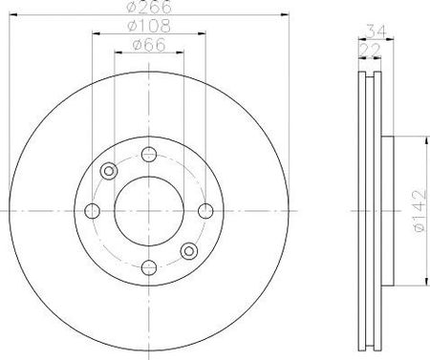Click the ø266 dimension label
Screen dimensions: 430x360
[x=149, y=7]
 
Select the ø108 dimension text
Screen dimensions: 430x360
[x=149, y=26]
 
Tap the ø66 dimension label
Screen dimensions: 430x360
[x=149, y=45]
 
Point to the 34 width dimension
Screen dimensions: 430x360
[x=376, y=32]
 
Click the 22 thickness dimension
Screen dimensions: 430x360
[x=370, y=50]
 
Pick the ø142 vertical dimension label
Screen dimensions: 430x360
[x=419, y=211]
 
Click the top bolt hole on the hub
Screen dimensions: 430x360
[x=149, y=155]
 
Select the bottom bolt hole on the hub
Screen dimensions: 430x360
[x=149, y=267]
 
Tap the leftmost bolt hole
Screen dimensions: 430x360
[x=93, y=211]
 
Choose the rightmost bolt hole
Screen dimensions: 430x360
[x=205, y=211]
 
